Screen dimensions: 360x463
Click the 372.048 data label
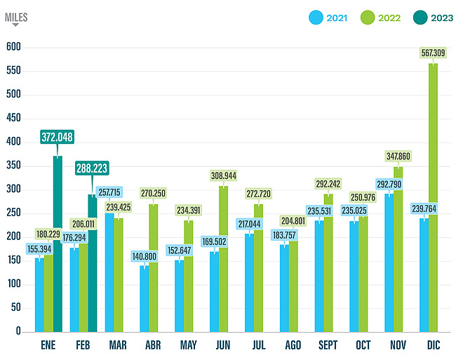pos(57,137)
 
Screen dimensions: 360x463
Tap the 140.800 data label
pos(144,257)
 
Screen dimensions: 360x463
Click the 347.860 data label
pos(398,156)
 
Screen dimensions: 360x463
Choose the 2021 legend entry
pos(330,17)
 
